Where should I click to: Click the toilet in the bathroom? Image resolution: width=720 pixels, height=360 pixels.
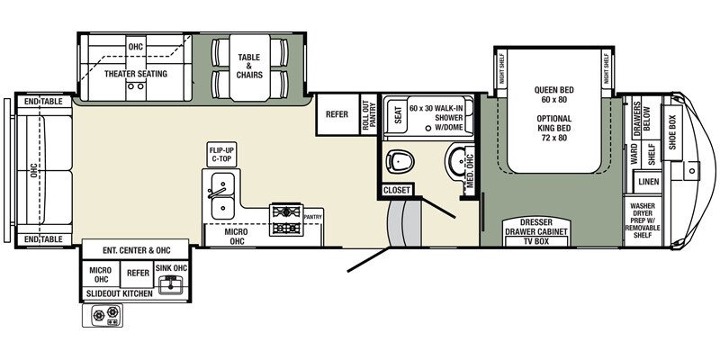(x=400, y=161)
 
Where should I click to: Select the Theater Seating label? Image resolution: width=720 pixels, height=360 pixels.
(x=136, y=74)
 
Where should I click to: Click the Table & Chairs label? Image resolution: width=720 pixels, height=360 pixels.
(x=249, y=66)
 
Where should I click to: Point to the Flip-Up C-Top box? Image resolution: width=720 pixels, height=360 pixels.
(x=222, y=154)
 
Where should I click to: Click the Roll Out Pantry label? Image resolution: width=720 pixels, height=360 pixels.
(x=370, y=115)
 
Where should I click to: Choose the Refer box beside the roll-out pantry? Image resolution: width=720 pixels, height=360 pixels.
(x=337, y=114)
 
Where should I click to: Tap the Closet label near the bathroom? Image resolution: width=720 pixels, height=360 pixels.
(x=396, y=190)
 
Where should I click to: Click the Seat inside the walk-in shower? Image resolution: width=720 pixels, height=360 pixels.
(x=397, y=114)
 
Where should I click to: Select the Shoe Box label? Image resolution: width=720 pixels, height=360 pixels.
(x=672, y=132)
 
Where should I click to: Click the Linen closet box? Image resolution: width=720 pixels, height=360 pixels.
(x=647, y=182)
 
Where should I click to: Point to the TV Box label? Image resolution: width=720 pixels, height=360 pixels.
(x=535, y=241)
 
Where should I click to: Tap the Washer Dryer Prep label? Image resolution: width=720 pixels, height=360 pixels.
(x=642, y=220)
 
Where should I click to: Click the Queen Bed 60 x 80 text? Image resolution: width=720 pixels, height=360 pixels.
(x=553, y=94)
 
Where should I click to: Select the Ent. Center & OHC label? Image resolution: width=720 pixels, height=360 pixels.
(x=136, y=250)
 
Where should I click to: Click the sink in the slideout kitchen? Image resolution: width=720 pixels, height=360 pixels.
(x=171, y=284)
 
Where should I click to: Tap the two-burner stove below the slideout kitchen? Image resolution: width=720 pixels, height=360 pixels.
(x=103, y=315)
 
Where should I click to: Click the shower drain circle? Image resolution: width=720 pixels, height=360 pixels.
(x=428, y=128)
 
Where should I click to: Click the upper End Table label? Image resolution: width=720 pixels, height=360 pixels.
(x=43, y=101)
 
